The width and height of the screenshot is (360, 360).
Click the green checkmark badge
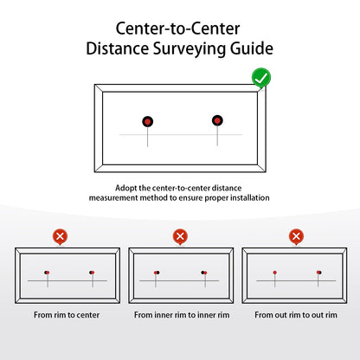click(x=260, y=80)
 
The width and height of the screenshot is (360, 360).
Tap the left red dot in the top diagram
click(x=148, y=121)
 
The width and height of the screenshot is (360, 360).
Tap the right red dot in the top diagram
click(x=217, y=120)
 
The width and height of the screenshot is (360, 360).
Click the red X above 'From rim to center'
click(x=60, y=236)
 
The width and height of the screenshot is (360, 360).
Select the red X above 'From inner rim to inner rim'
click(x=180, y=236)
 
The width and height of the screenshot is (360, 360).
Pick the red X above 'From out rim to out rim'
click(x=296, y=236)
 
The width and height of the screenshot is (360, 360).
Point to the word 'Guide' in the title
click(x=248, y=48)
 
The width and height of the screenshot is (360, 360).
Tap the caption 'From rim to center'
click(x=67, y=315)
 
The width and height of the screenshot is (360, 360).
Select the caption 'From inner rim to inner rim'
click(x=181, y=315)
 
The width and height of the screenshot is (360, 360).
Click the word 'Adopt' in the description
click(x=126, y=188)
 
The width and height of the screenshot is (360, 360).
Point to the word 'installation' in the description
click(x=247, y=197)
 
